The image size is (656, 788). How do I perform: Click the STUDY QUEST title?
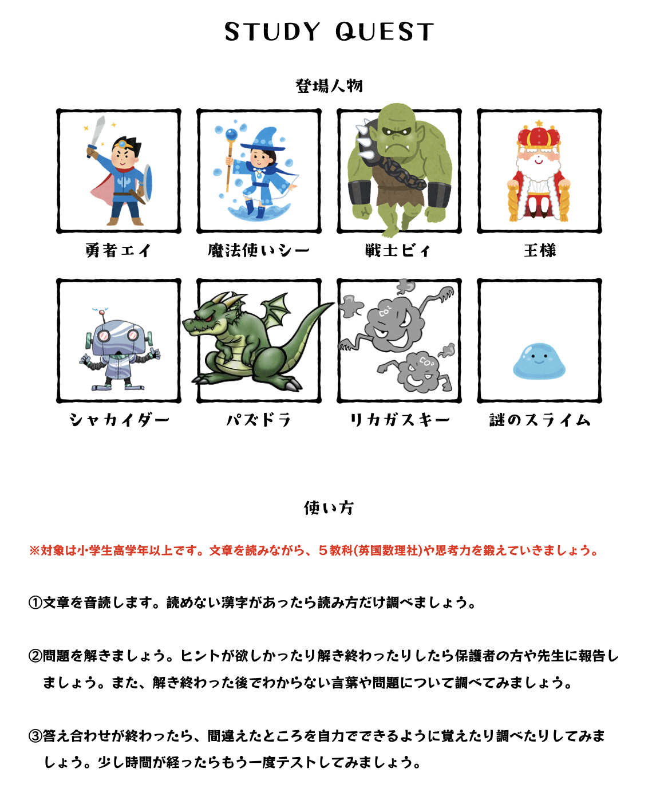coord(329,32)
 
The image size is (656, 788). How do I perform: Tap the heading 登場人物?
coord(329,86)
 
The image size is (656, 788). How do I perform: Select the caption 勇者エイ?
coord(118,250)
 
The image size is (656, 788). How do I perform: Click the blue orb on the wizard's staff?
coord(231,135)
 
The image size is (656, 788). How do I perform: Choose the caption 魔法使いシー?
coord(259,250)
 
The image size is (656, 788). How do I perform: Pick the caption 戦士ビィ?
coord(398,250)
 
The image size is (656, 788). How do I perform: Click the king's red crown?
coord(539,136)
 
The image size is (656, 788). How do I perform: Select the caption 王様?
coord(540,250)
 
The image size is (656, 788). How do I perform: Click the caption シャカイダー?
coord(119,420)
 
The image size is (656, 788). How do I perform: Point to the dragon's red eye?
coord(211,318)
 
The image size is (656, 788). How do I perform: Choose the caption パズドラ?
coord(259,420)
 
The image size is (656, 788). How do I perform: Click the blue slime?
coord(539,361)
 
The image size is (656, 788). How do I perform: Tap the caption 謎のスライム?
coord(540,420)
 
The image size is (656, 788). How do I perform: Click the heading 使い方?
coord(329,507)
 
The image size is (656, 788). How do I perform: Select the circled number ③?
coord(35,736)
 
